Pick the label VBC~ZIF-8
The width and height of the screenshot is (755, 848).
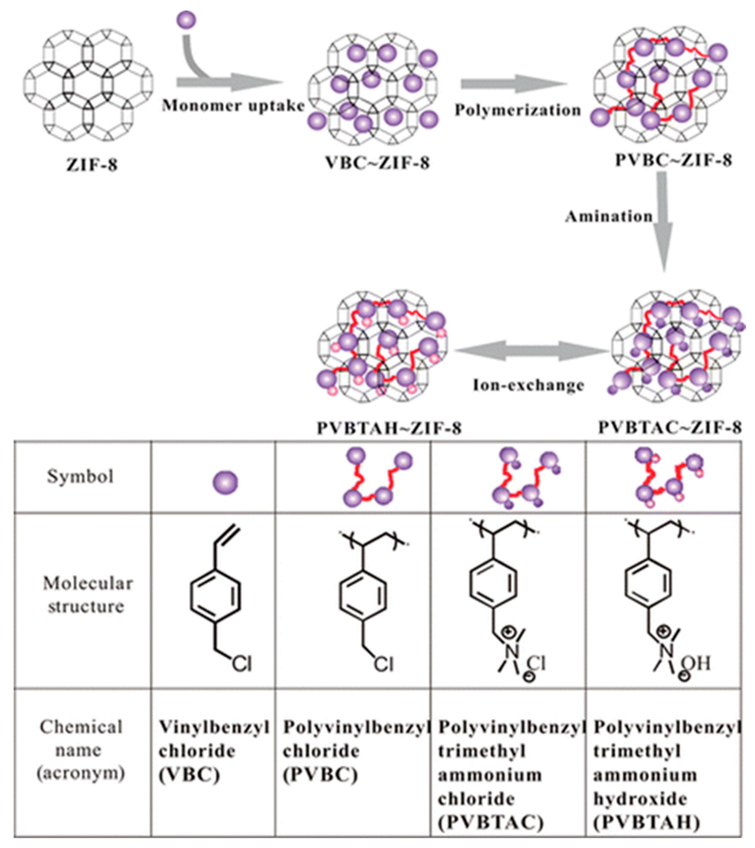click(x=377, y=162)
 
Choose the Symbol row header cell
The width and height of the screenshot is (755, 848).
click(x=80, y=476)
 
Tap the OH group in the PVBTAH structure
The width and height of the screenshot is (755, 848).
click(x=697, y=663)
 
